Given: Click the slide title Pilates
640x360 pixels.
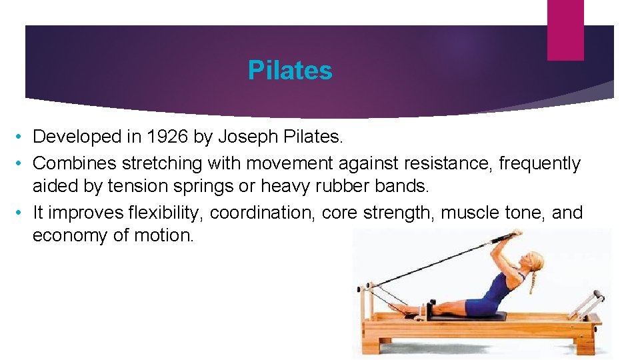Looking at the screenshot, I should tap(289, 70).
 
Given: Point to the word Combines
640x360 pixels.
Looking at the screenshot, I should tap(71, 163).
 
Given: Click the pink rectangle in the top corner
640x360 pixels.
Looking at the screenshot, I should tap(565, 30).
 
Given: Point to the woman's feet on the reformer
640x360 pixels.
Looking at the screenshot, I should tap(399, 308).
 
